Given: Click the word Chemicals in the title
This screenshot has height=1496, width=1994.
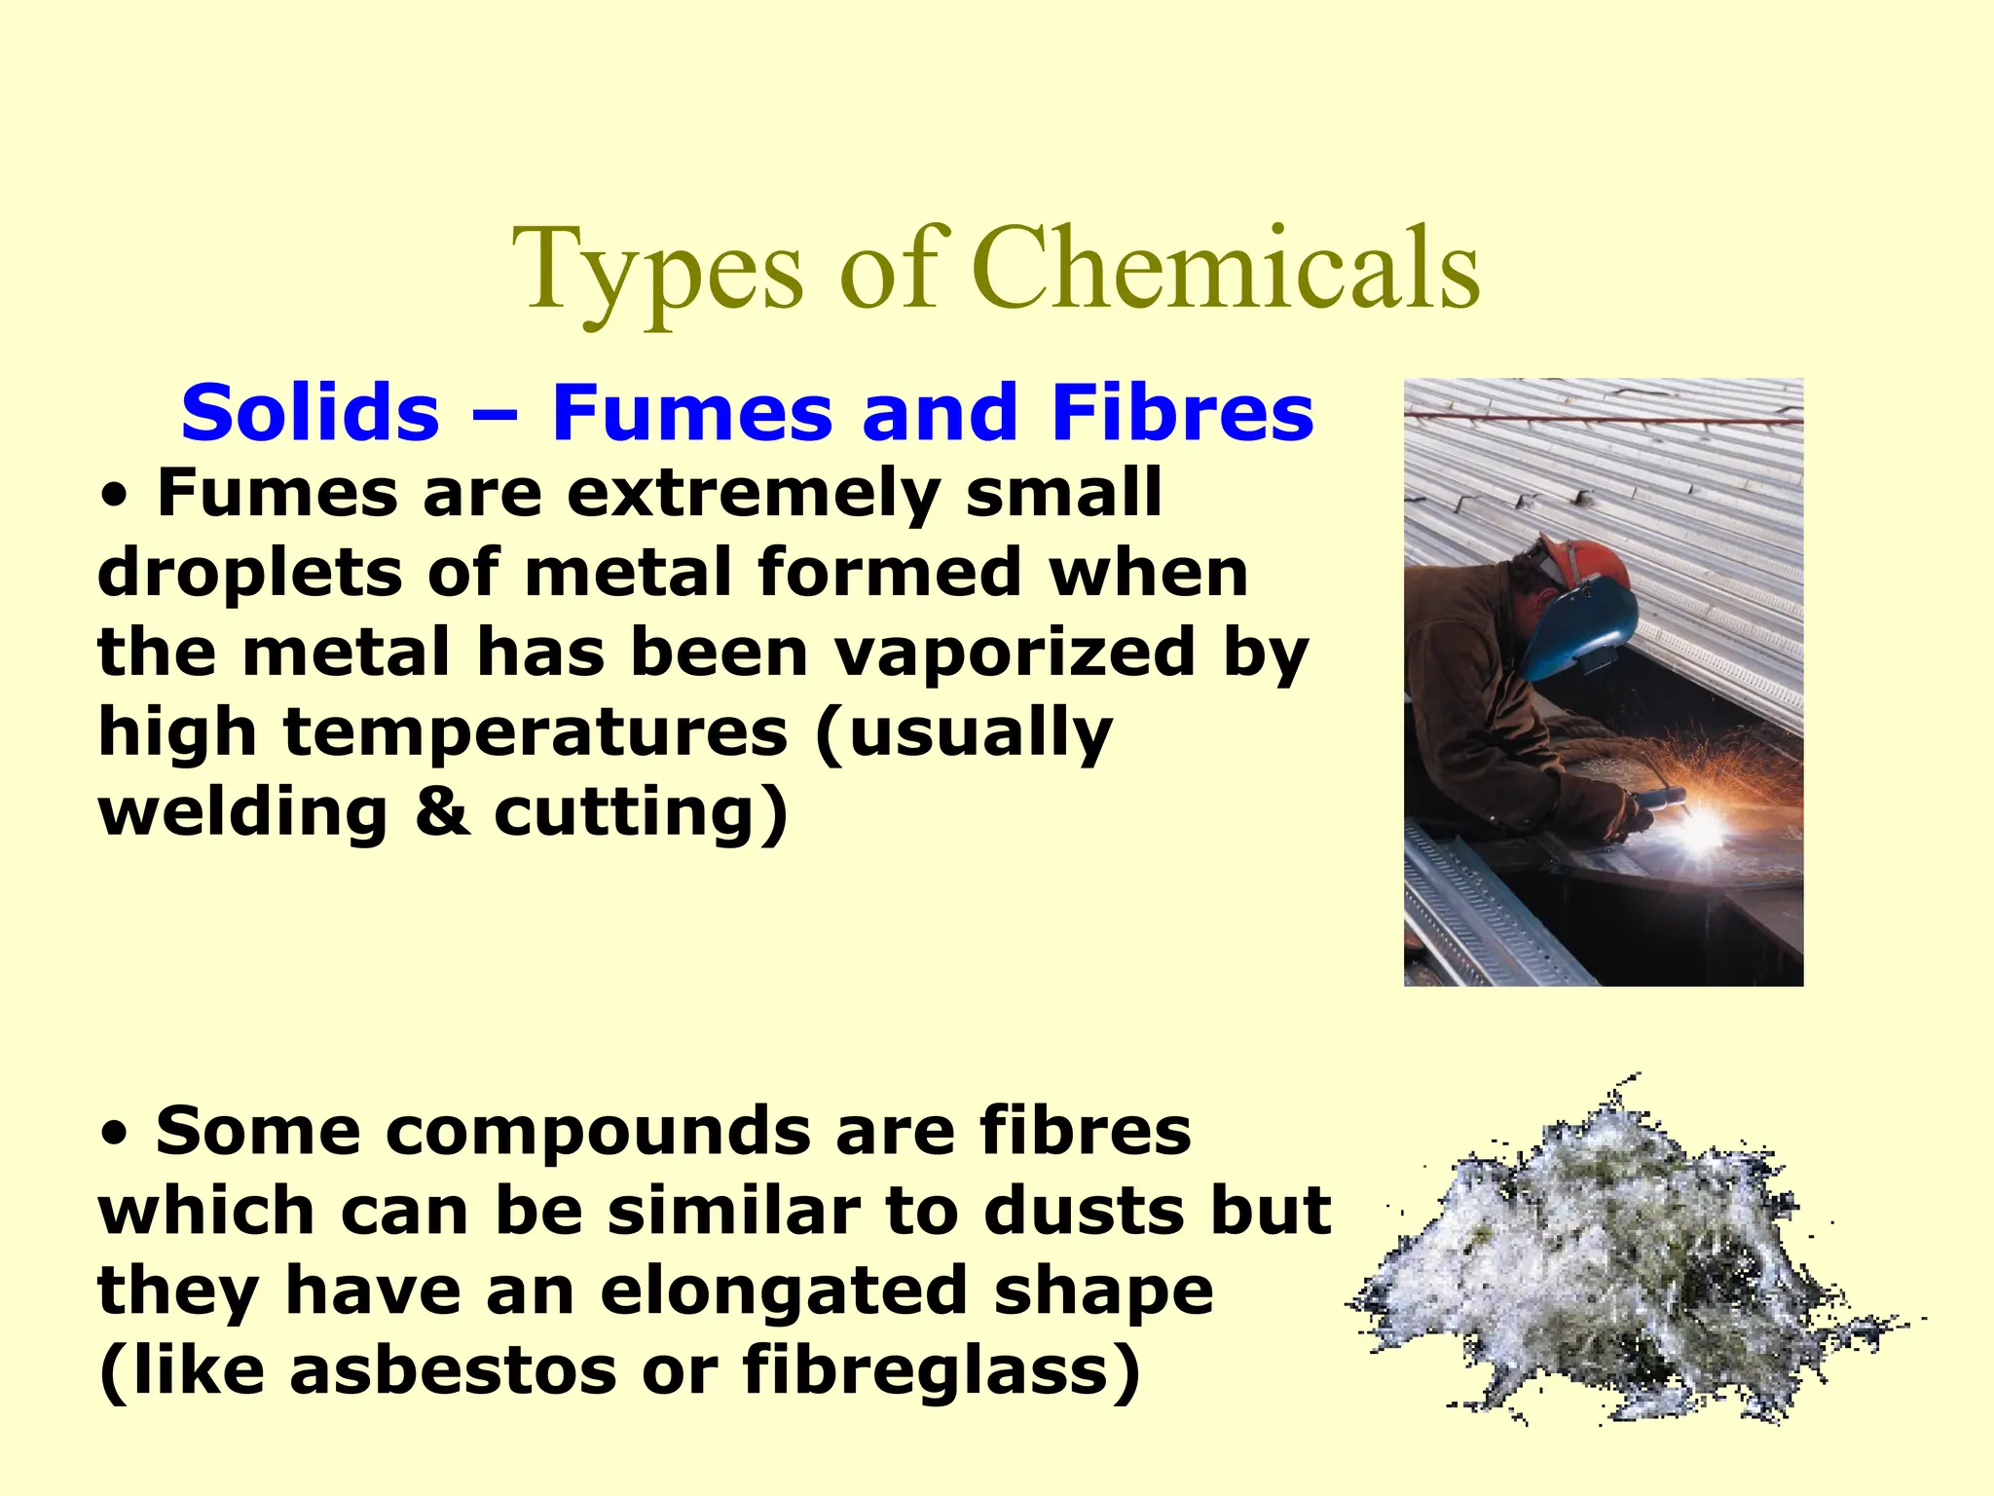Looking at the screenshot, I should coord(1226,268).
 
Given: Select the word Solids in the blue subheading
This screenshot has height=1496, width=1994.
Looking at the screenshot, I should coord(311,412).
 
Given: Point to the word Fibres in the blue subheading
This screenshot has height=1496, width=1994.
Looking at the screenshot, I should coord(1182,412).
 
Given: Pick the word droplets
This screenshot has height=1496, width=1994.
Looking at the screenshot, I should coord(249,575).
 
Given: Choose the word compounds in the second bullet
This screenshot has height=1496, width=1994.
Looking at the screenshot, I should coord(485,1131).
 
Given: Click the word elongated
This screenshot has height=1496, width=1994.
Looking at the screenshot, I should coord(785,1290).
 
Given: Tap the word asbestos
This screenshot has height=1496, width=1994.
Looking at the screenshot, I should coord(453,1369).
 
